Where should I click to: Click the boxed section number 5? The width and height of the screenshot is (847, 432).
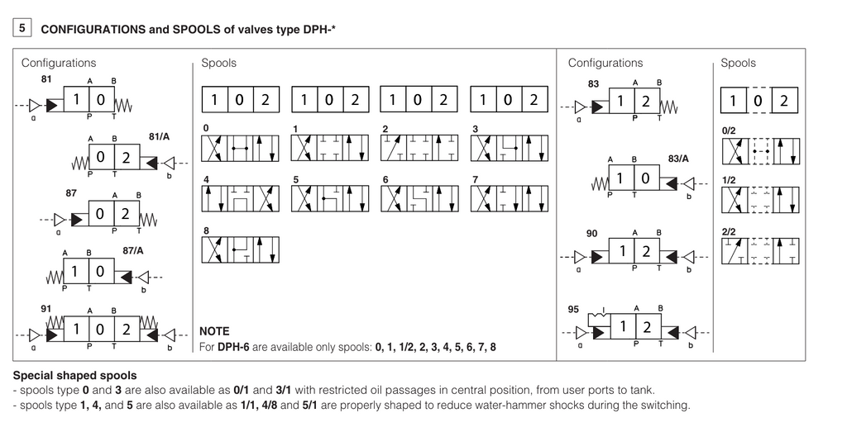(x=22, y=28)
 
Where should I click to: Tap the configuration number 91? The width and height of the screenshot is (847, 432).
(x=46, y=308)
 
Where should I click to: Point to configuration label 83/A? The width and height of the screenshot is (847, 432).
(x=678, y=158)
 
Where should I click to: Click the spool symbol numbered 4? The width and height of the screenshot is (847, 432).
(x=240, y=198)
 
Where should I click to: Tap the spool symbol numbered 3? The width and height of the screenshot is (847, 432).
(x=508, y=148)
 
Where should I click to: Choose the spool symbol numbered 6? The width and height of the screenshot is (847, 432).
(x=419, y=198)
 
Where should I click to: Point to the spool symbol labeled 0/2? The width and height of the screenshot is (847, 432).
(x=760, y=151)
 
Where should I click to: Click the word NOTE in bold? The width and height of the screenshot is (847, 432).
(x=214, y=331)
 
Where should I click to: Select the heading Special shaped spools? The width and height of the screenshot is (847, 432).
(x=75, y=376)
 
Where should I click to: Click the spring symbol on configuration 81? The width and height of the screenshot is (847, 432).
(x=122, y=105)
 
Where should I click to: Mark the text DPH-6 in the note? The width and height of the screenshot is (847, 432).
(x=234, y=347)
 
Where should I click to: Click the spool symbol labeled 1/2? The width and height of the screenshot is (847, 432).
(x=760, y=200)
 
